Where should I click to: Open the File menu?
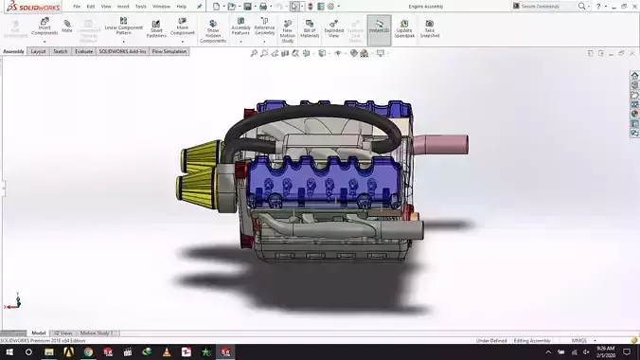tap(78, 7)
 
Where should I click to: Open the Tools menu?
tap(140, 7)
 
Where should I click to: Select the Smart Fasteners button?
tap(156, 28)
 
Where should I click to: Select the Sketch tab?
tap(61, 51)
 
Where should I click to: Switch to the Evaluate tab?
tap(83, 51)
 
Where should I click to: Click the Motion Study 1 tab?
tap(96, 333)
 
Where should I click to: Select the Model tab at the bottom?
tap(39, 333)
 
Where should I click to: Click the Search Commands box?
tap(554, 7)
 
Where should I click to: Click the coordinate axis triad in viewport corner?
tap(11, 304)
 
